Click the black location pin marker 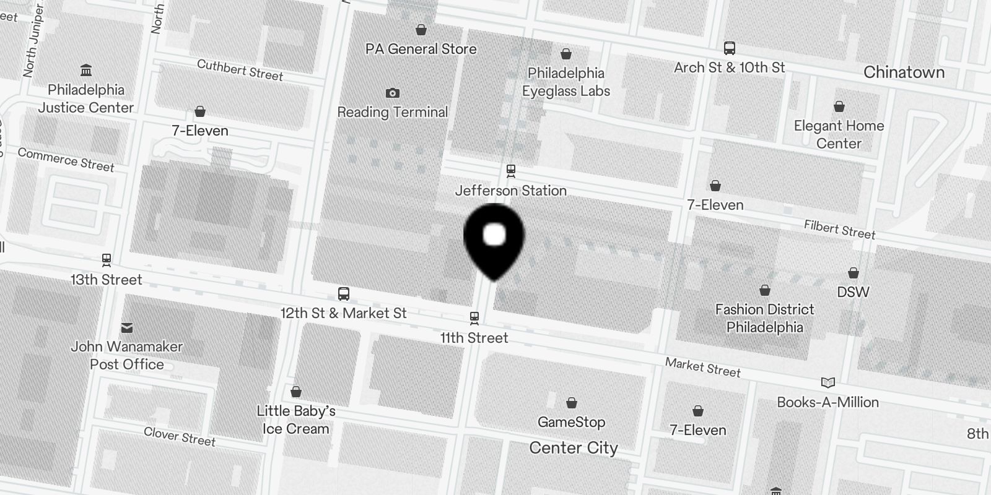tap(494, 238)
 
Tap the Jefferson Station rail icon tap(511, 170)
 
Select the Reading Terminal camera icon tap(392, 93)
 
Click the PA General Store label tap(421, 49)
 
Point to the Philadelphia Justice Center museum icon tap(86, 70)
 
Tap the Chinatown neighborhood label tap(904, 72)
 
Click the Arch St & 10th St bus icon tap(730, 48)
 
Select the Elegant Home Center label tap(839, 134)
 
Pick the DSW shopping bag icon tap(853, 273)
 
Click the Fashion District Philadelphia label tap(764, 318)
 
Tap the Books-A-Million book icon tap(827, 382)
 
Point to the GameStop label tap(571, 422)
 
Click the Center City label tap(574, 448)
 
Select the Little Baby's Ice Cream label tap(296, 420)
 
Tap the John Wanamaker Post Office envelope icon tap(127, 327)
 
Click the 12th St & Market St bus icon tap(344, 294)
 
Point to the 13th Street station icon tap(107, 260)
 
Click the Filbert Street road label tap(839, 229)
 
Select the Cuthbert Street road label tap(240, 70)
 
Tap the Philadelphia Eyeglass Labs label tap(565, 82)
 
